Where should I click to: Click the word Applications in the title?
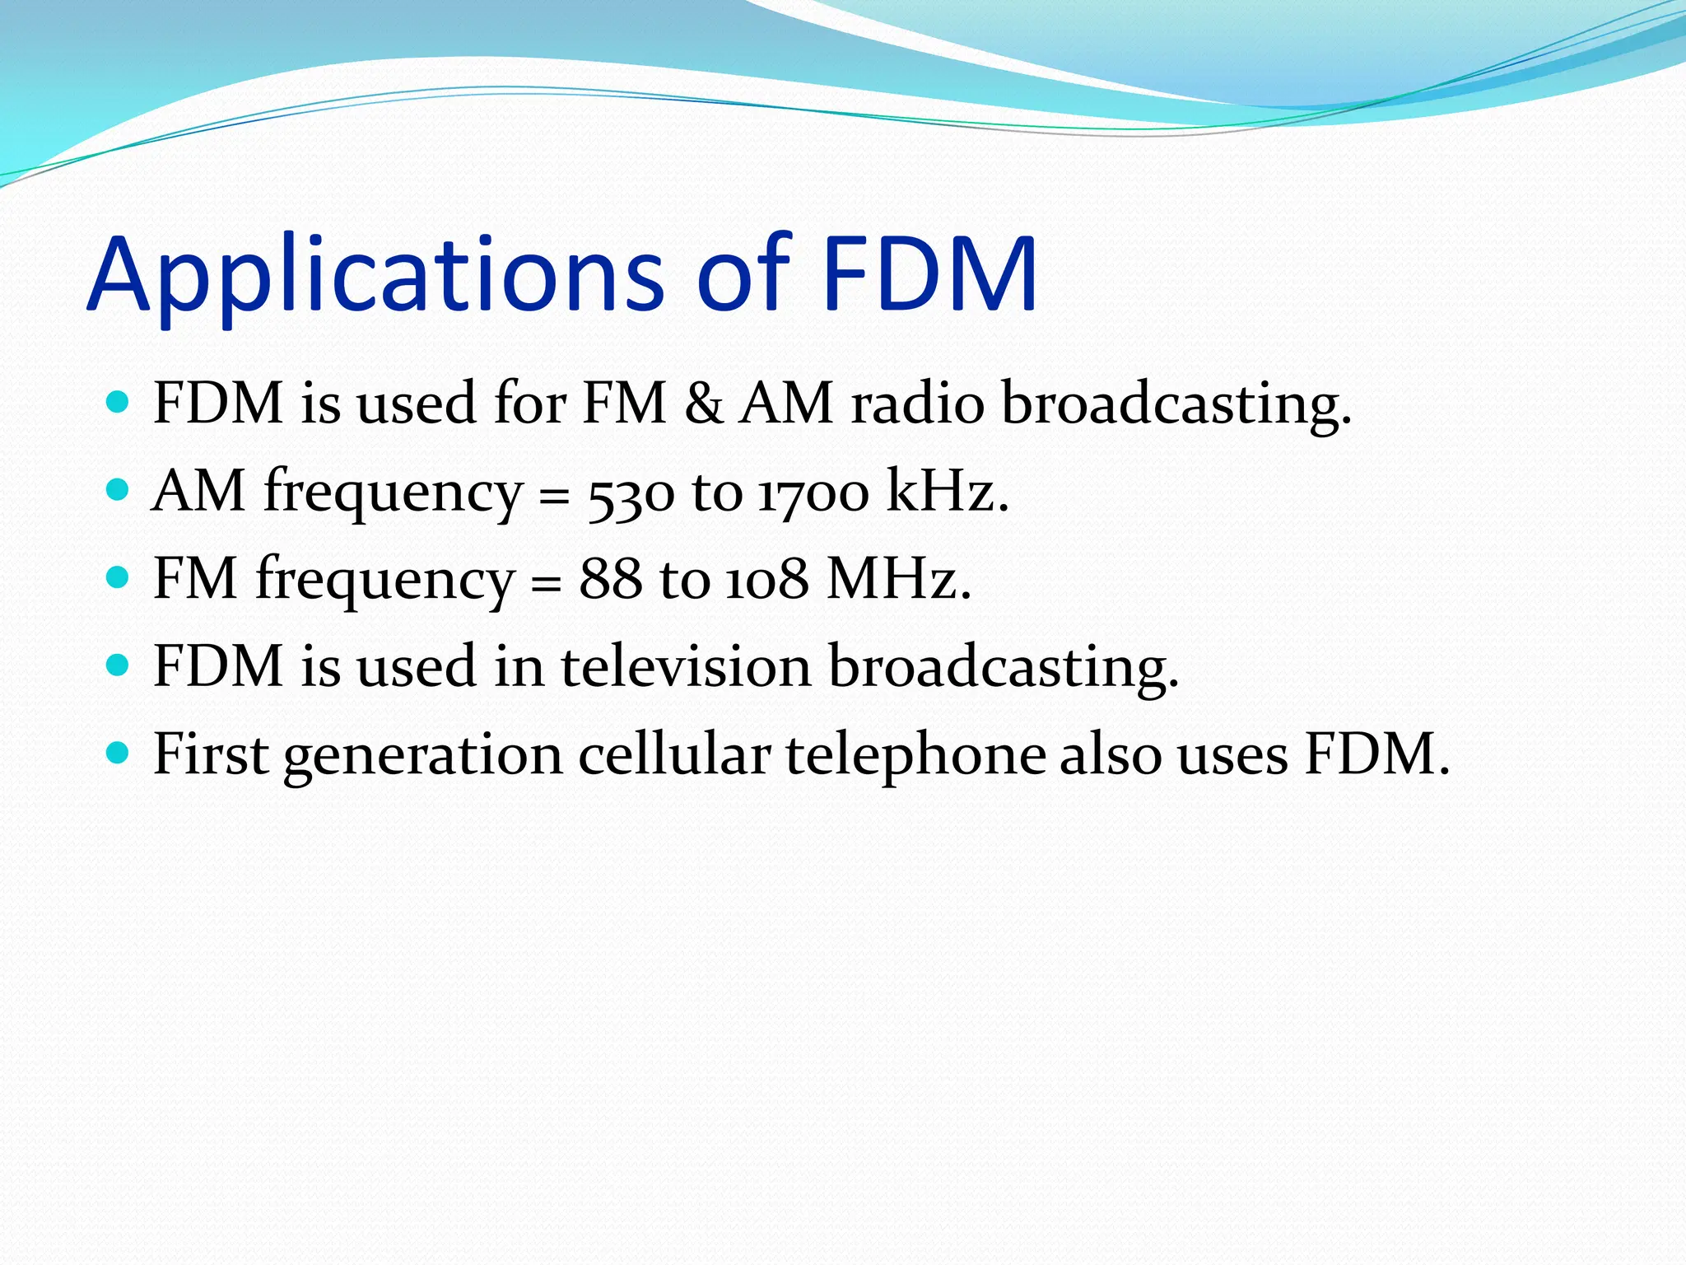pyautogui.click(x=375, y=276)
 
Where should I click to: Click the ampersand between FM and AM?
pyautogui.click(x=703, y=404)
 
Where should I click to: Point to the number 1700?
pyautogui.click(x=813, y=492)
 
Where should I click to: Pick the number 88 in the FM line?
pyautogui.click(x=610, y=579)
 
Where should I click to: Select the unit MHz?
pyautogui.click(x=898, y=579)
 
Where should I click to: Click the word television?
pyautogui.click(x=686, y=666)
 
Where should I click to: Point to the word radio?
pyautogui.click(x=917, y=404)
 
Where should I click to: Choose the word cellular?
pyautogui.click(x=674, y=754)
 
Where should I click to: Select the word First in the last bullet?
pyautogui.click(x=211, y=754)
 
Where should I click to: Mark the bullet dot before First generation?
pyautogui.click(x=119, y=752)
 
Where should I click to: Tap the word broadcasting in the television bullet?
pyautogui.click(x=1004, y=668)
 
